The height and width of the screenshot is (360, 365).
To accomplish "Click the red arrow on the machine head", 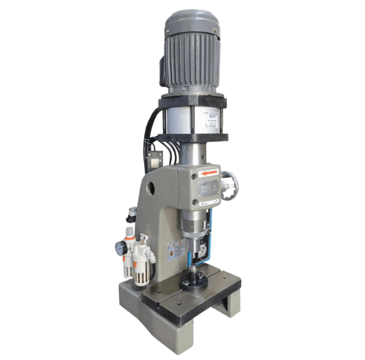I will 208,174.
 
